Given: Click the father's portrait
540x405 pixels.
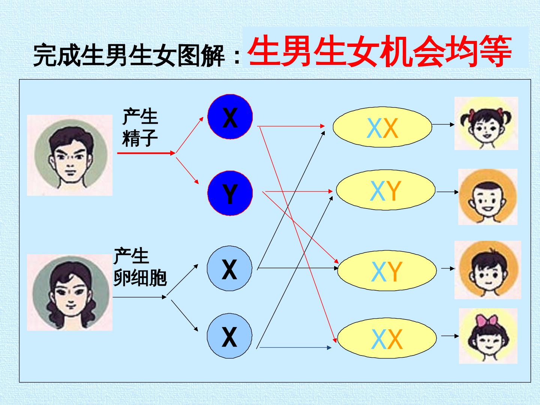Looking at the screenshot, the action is pos(70,155).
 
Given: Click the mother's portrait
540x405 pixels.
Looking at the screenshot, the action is pos(70,292).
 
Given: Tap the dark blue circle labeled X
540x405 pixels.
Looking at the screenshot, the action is pos(230,117).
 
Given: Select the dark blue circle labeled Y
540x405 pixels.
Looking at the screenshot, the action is pos(230,193).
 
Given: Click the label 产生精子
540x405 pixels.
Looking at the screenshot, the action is pos(140,127).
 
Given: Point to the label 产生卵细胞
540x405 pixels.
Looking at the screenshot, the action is pos(140,267).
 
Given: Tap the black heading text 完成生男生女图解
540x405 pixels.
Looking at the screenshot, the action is pos(129,55).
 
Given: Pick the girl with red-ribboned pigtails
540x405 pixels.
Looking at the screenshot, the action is pos(486,123).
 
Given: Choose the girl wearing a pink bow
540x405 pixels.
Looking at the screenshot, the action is pos(488,336).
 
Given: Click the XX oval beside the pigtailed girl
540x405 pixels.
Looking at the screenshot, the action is pos(382,127).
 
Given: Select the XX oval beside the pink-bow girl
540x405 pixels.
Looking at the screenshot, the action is pos(387,338).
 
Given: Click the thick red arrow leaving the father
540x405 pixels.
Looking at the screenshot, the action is pos(146,153).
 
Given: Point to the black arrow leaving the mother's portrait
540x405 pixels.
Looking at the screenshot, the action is pos(139,297).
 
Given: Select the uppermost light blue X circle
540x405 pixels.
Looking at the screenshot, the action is pos(229,268).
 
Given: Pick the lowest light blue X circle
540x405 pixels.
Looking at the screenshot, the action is pos(229,336).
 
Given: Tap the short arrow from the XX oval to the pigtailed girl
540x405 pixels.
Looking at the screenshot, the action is pos(443,124).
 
